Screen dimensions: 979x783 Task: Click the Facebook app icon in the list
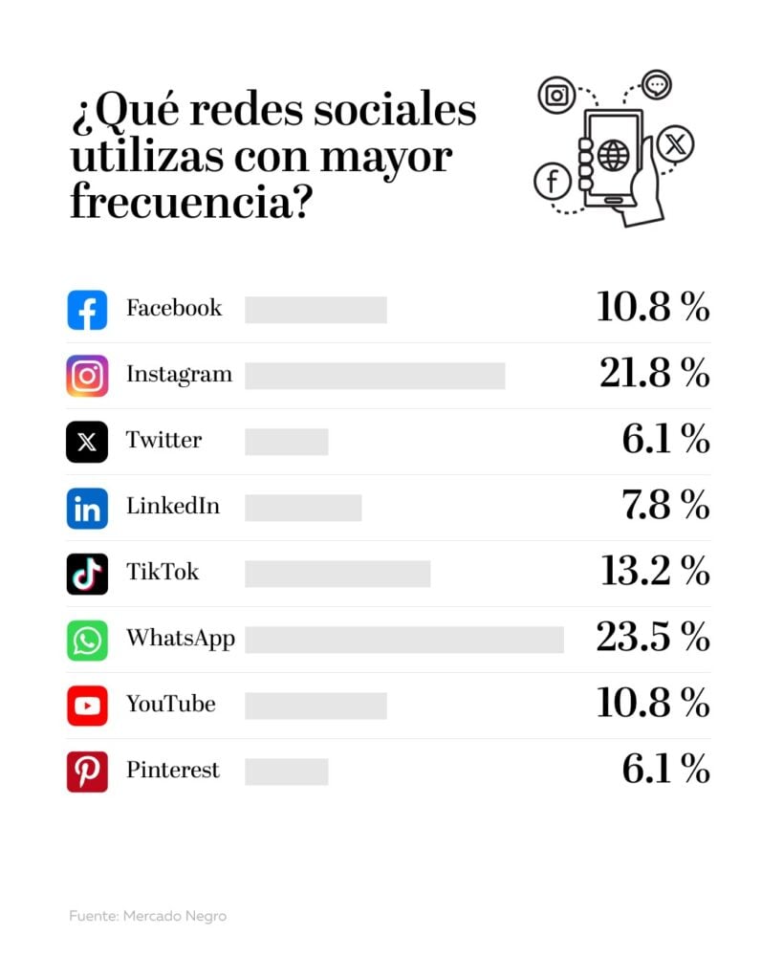pos(87,311)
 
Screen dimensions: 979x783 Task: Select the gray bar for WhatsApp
pos(403,640)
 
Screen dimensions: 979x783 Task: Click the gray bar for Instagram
pos(375,376)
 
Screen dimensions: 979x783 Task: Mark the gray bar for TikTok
pos(337,574)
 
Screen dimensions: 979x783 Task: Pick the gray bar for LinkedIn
pos(303,508)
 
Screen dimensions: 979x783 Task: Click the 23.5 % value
pos(652,638)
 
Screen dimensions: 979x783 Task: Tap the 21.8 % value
pos(654,374)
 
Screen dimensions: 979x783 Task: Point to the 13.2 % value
pos(655,572)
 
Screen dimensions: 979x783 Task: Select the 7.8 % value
pos(665,506)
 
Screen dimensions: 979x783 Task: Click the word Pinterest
pos(173,771)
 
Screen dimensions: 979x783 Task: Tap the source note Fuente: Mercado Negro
pos(147,916)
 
